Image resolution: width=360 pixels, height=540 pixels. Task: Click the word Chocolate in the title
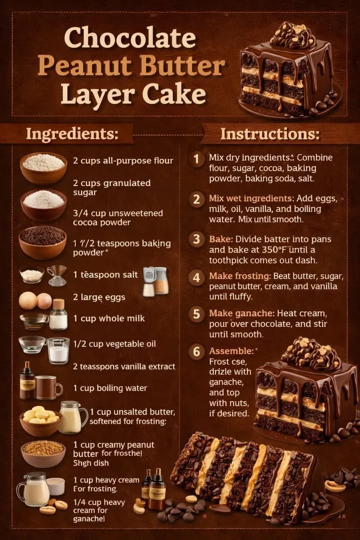(130, 38)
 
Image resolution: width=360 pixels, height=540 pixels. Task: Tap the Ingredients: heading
(72, 134)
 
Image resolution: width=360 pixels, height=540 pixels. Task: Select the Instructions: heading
(269, 134)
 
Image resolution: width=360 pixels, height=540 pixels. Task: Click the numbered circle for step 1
(196, 159)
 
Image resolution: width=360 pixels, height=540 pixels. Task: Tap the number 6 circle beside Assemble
(196, 351)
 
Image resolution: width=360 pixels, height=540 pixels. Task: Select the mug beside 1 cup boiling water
(48, 387)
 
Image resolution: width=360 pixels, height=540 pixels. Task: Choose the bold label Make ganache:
(241, 313)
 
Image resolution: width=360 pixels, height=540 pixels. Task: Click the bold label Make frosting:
(240, 276)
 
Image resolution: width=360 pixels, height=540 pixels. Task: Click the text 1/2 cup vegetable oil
(114, 344)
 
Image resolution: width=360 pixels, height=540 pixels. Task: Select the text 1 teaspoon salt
(105, 274)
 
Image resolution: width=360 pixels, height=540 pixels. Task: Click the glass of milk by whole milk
(58, 314)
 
